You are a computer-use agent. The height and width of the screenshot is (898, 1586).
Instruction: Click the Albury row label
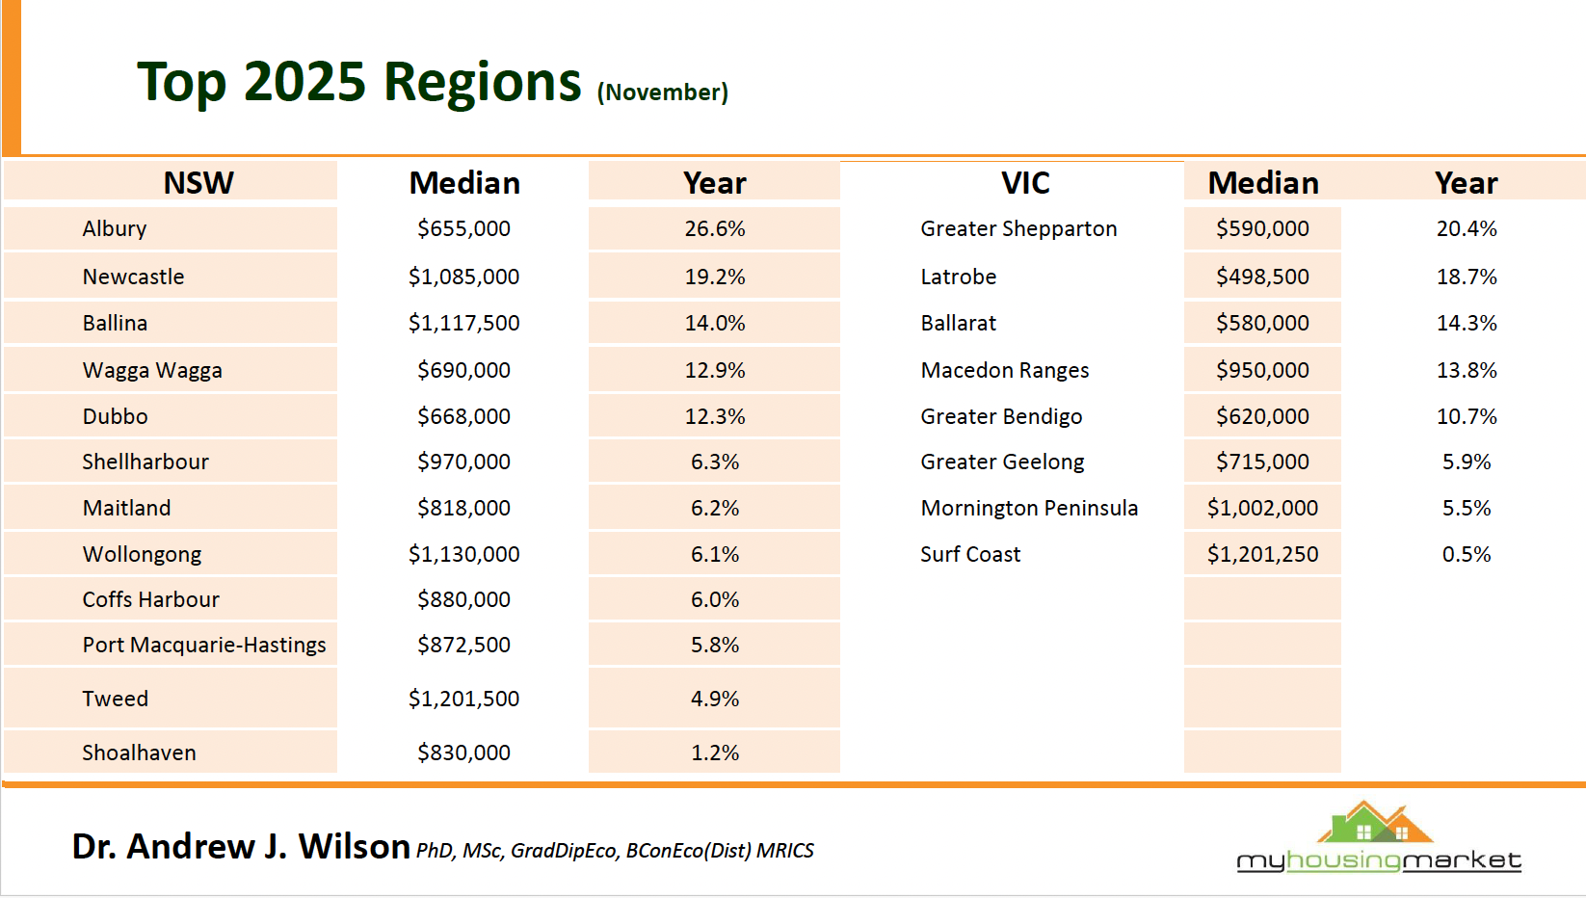tap(115, 228)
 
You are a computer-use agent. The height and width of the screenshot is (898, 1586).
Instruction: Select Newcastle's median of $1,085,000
tap(463, 277)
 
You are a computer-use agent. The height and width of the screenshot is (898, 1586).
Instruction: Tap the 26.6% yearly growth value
tap(715, 228)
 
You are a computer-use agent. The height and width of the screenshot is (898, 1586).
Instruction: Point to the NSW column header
tap(198, 182)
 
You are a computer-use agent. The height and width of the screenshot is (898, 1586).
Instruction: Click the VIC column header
tap(1025, 182)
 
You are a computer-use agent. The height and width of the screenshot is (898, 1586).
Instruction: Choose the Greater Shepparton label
tap(1018, 228)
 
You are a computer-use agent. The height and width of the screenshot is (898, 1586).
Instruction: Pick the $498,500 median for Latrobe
tap(1262, 277)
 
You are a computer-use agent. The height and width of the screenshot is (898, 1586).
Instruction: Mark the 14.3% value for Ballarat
tap(1467, 323)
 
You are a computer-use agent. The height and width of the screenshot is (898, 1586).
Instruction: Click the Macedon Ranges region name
tap(1005, 370)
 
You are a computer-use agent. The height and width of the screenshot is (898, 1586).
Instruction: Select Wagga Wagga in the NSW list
tap(152, 370)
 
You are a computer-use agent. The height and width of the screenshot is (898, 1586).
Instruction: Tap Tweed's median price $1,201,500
tap(463, 699)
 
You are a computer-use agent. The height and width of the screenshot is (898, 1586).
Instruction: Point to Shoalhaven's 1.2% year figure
tap(715, 753)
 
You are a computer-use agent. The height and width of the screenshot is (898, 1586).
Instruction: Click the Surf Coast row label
tap(970, 554)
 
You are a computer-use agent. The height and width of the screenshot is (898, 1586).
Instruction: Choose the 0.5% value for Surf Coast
tap(1467, 554)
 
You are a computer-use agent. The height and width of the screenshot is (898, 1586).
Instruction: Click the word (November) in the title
tap(663, 92)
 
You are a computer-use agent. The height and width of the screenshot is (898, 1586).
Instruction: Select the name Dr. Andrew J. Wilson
tap(241, 846)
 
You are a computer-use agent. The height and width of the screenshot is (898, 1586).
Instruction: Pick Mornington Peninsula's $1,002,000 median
tap(1262, 508)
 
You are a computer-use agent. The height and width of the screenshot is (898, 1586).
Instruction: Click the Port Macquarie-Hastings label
tap(204, 645)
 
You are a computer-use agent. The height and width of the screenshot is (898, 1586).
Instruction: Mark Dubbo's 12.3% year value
tap(715, 416)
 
